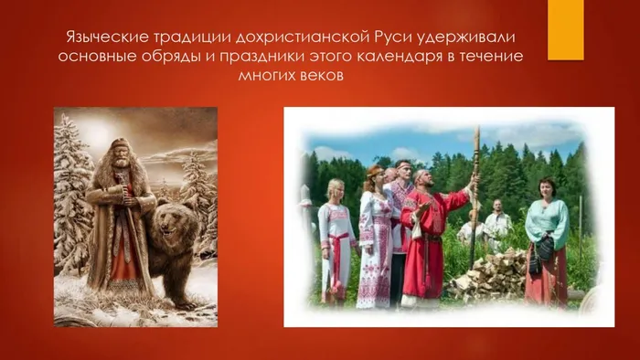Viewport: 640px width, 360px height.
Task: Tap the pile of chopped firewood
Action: (489, 277)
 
